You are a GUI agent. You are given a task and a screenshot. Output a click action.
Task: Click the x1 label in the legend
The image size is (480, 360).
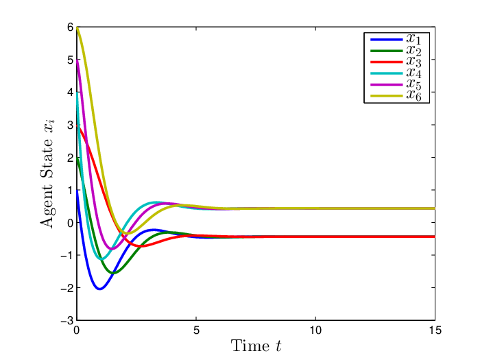(x=413, y=39)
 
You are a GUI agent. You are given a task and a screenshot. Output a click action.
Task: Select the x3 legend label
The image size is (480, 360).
(x=413, y=62)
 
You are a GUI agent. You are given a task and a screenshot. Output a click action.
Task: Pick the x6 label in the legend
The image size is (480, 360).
(x=413, y=95)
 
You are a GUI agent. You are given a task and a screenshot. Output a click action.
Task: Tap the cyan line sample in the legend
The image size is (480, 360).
(x=386, y=73)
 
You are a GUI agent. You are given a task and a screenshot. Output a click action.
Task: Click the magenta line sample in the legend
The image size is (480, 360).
(x=386, y=84)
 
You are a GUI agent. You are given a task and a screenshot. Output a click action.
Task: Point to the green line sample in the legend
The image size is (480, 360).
(x=386, y=51)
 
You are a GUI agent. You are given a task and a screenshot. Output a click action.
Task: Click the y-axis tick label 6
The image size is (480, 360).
(x=71, y=27)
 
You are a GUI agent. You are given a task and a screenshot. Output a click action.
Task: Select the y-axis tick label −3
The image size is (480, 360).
(x=67, y=320)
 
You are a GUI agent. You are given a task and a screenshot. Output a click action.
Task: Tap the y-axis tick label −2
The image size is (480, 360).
(x=67, y=288)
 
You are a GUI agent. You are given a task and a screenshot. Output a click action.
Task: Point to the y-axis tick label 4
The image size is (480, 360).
(x=71, y=93)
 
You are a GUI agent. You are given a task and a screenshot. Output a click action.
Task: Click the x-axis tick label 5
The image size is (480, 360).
(x=196, y=331)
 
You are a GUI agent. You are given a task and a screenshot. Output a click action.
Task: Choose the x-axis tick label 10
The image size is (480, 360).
(x=315, y=331)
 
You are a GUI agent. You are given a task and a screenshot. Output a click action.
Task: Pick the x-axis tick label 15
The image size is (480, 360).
(x=435, y=331)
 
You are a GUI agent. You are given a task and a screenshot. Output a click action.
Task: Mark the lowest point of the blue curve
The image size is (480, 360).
(x=100, y=289)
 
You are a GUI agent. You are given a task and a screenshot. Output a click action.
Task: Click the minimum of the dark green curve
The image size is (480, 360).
(x=113, y=272)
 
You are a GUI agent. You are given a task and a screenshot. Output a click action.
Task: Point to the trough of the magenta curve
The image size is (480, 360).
(x=112, y=248)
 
